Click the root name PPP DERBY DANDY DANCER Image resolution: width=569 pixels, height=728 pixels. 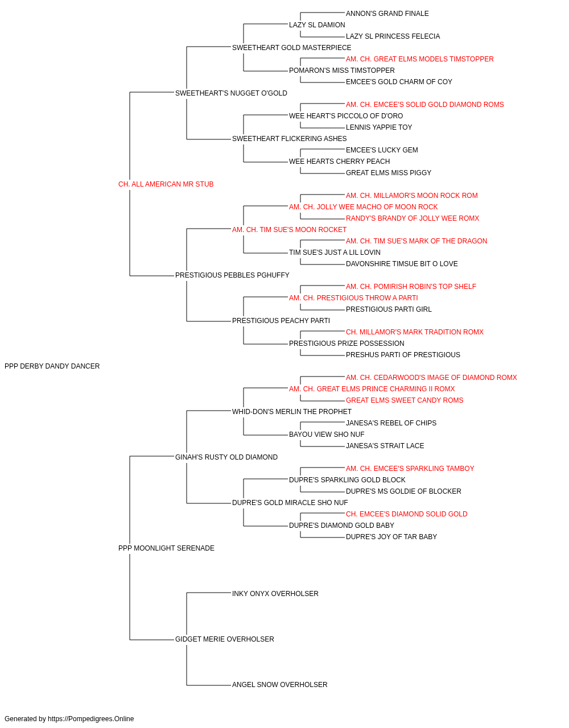[x=52, y=366]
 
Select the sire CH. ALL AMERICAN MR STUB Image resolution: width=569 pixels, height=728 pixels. [x=166, y=184]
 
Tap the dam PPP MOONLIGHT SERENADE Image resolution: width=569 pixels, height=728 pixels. [x=166, y=548]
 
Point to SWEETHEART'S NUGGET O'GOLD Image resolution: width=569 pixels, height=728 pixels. [x=231, y=93]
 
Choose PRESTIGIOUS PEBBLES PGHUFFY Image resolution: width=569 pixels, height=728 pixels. [x=232, y=275]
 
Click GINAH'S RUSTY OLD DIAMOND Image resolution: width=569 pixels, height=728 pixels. [x=226, y=457]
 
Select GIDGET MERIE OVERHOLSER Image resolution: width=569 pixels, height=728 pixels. [x=225, y=639]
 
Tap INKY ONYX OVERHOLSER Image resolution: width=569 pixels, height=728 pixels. [x=275, y=594]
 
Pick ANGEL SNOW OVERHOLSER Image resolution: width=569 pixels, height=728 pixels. [x=280, y=684]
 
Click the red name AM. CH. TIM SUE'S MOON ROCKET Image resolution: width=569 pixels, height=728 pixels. [x=289, y=229]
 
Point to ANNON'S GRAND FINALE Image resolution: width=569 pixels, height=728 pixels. [x=387, y=14]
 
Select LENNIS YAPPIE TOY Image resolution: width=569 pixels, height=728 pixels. [x=378, y=127]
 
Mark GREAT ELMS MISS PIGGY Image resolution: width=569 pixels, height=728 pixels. [x=389, y=172]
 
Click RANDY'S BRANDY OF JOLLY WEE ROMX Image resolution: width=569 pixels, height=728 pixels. [x=413, y=218]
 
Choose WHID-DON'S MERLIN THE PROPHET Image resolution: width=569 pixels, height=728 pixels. [x=292, y=411]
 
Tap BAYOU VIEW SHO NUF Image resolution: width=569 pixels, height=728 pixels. [x=327, y=434]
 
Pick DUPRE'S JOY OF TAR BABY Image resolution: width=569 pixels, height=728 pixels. [x=391, y=537]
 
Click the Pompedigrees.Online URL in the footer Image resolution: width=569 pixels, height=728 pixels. [x=91, y=719]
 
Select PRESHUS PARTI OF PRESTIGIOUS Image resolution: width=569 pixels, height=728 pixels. [x=403, y=355]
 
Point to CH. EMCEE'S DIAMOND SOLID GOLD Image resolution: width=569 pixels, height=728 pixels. [x=406, y=514]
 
